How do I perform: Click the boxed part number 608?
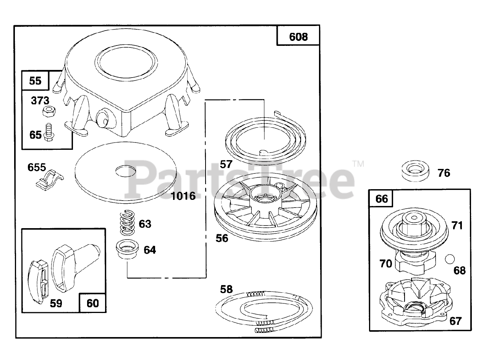[298, 37]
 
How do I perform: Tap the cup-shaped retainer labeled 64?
[126, 250]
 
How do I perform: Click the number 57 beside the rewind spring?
[226, 164]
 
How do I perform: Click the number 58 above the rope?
[226, 289]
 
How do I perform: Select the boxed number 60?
[93, 303]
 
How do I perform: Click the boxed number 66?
[382, 199]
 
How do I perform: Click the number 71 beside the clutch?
[457, 225]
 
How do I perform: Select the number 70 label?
[386, 263]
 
